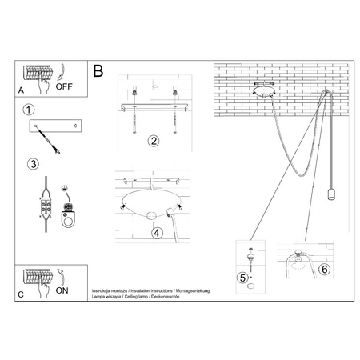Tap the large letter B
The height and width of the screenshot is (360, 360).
[x=98, y=72]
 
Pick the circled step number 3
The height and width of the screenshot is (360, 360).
[x=32, y=165]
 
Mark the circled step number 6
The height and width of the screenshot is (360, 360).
[x=323, y=269]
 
